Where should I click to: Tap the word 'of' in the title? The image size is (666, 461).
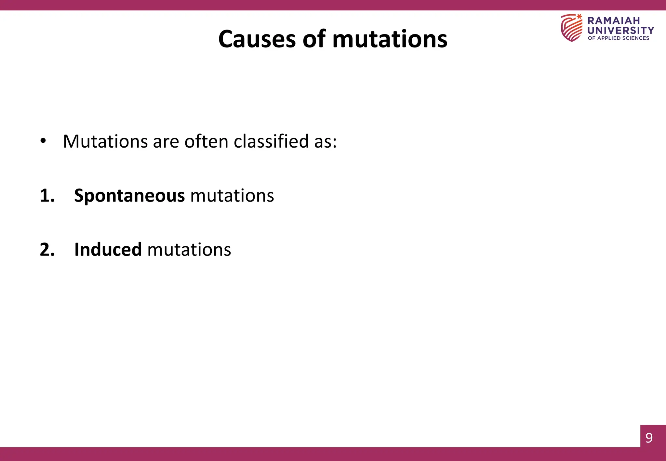coord(314,39)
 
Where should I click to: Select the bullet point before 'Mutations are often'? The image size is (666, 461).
coord(43,141)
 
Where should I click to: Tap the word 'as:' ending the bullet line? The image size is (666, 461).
coord(325,142)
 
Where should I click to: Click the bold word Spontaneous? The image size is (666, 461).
coord(129,196)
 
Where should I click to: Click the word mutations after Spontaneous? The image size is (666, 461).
coord(232,196)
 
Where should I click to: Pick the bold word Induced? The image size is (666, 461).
coord(108,250)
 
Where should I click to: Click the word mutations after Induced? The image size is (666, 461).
coord(189,250)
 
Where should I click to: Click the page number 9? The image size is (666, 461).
coord(649,438)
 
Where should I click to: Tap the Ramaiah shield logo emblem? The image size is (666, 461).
coord(571,28)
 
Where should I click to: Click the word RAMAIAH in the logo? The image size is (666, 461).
coord(613,20)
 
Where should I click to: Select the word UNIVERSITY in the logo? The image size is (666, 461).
coord(620,30)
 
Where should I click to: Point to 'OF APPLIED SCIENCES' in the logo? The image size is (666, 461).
coord(618,38)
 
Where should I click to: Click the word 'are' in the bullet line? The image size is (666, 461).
coord(166,142)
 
